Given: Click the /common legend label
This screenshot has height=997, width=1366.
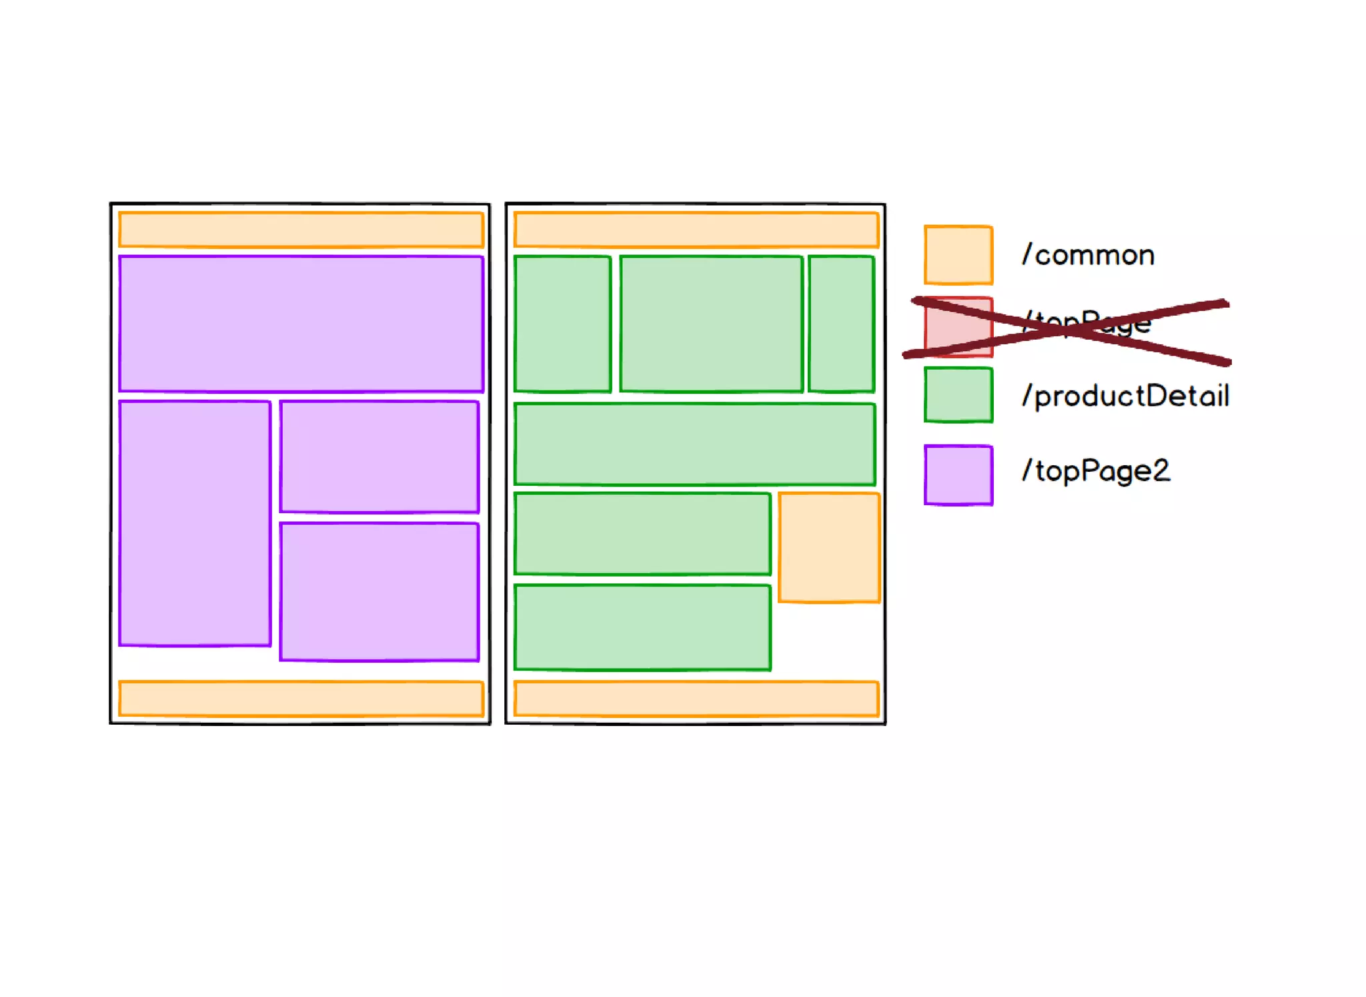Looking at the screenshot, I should pos(1089,256).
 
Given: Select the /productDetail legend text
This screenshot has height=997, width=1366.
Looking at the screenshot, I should pos(1126,396).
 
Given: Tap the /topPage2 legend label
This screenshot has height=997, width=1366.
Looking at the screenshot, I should pos(1096,471).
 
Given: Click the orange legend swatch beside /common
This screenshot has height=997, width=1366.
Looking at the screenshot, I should pos(958,255).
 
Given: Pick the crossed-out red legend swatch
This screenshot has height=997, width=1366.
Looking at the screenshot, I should pos(958,328).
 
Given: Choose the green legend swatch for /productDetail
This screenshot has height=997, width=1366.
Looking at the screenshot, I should pos(958,395).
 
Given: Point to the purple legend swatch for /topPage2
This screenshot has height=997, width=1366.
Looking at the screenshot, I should pos(958,475).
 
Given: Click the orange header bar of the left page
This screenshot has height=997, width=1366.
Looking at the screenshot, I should pos(301,230).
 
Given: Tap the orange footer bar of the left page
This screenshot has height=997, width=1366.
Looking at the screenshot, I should pos(301,699).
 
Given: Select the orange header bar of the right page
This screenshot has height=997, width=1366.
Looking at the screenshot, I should pos(696,230).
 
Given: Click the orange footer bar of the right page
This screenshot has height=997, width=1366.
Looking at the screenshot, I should pos(696,699).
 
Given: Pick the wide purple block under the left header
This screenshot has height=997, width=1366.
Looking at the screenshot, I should pos(301,324).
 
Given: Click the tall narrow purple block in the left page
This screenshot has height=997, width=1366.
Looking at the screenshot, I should pos(195,523).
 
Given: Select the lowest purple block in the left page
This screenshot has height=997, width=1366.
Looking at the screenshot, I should pos(380,592).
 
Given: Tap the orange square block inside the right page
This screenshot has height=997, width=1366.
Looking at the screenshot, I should pos(829,547).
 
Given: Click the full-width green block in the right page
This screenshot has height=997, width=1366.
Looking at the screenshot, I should pos(694,444).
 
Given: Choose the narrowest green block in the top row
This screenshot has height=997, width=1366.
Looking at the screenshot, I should pos(841,324).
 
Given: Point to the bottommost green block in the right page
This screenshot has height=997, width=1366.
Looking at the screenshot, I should pos(642,627).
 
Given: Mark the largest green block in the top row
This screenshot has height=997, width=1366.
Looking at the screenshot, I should pos(711,324).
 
